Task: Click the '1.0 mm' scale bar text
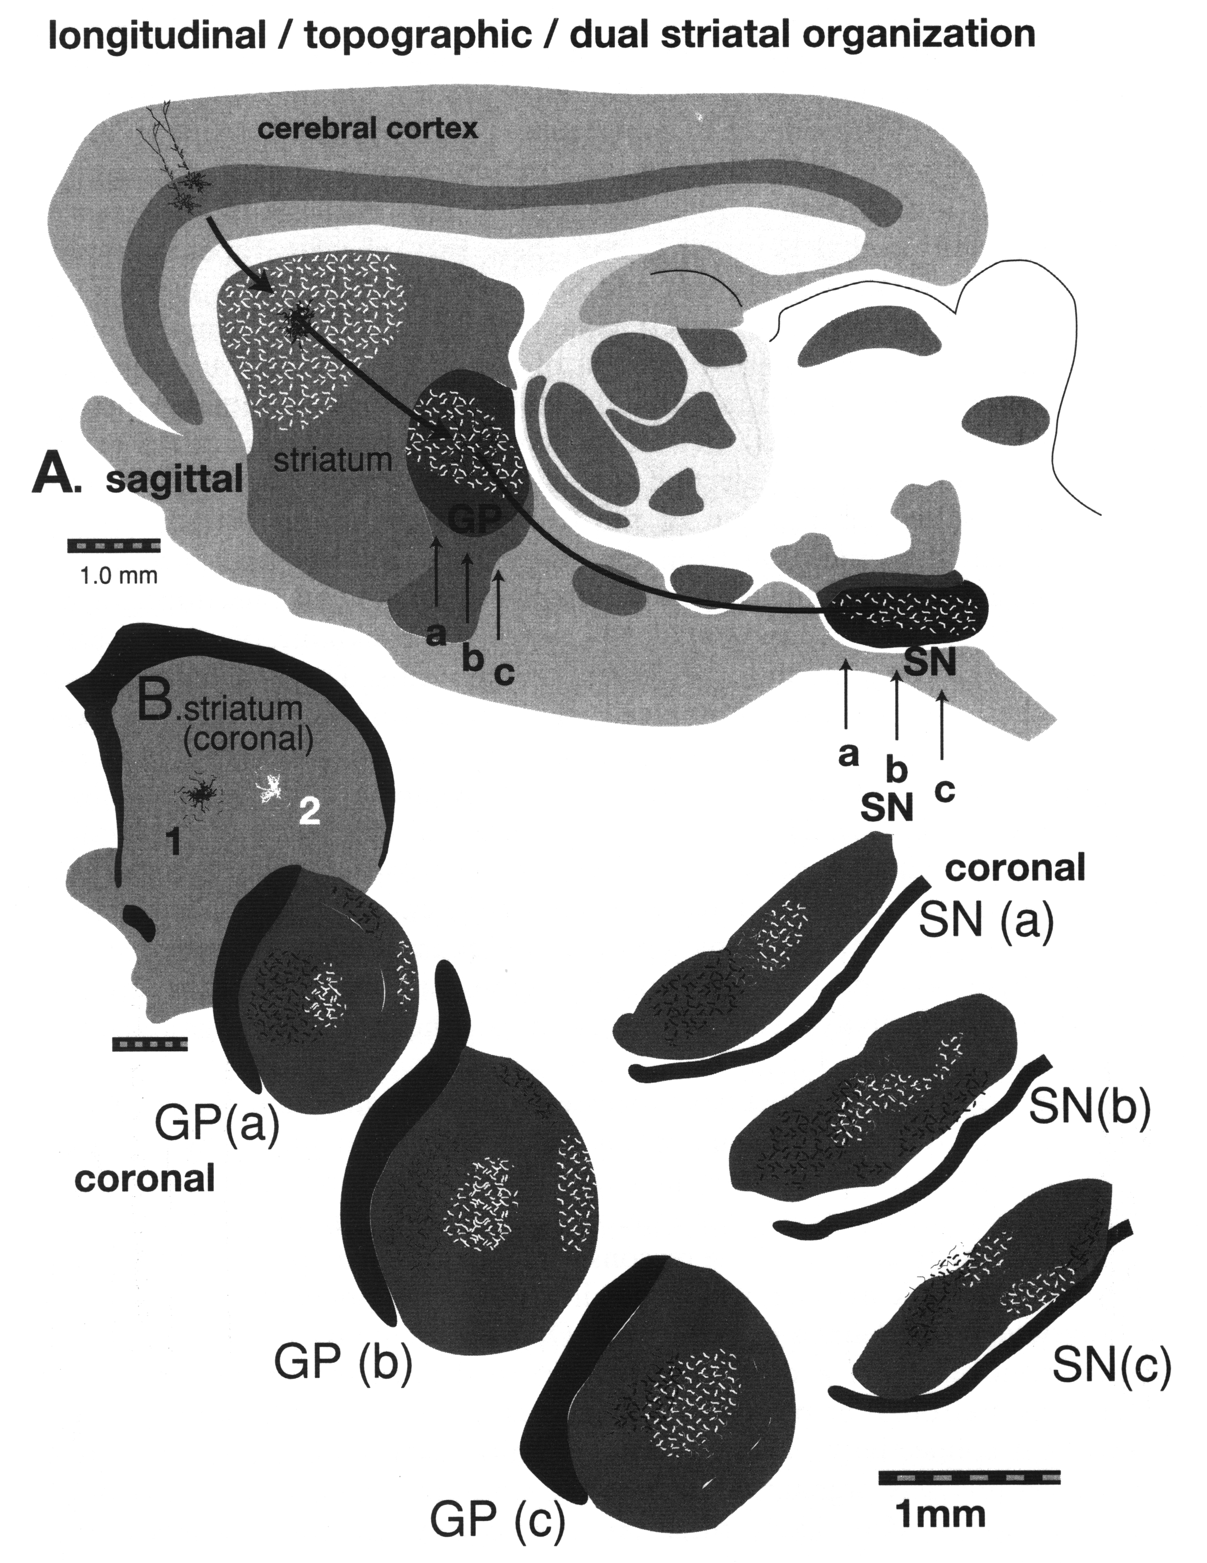pos(115,575)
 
